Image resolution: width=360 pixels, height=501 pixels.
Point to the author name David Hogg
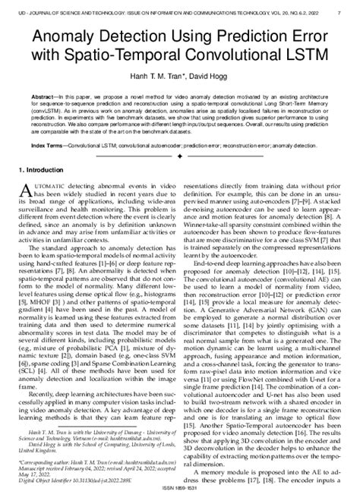[x=208, y=77]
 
